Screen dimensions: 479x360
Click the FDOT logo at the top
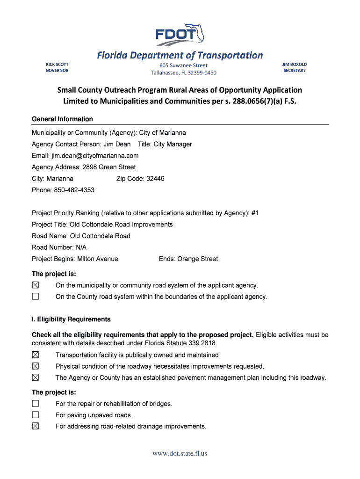tap(180, 35)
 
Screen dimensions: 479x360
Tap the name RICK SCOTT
tap(57, 64)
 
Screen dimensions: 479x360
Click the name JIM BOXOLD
tap(295, 64)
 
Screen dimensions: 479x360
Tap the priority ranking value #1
tap(255, 213)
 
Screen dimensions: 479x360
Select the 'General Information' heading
tap(62, 119)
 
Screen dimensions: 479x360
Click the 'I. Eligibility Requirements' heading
tap(71, 319)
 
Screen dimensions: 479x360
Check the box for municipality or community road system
tap(36, 285)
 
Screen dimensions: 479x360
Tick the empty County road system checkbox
tap(36, 297)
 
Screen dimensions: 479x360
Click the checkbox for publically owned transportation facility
tap(36, 355)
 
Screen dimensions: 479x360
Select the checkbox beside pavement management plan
tap(36, 377)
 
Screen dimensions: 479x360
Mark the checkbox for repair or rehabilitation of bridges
tap(36, 403)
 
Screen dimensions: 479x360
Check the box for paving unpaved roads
tap(36, 415)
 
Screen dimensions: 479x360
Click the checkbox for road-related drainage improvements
tap(36, 426)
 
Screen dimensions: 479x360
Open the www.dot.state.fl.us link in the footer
tap(180, 453)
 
